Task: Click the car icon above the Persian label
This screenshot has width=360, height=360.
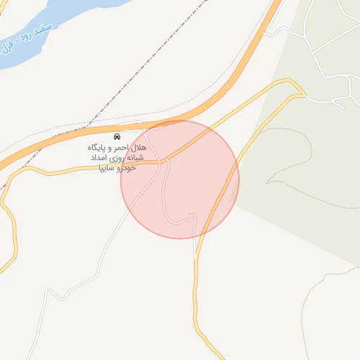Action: coord(117,135)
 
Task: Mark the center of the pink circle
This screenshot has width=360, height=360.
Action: coord(180,179)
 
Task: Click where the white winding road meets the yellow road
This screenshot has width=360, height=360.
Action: coord(165,162)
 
